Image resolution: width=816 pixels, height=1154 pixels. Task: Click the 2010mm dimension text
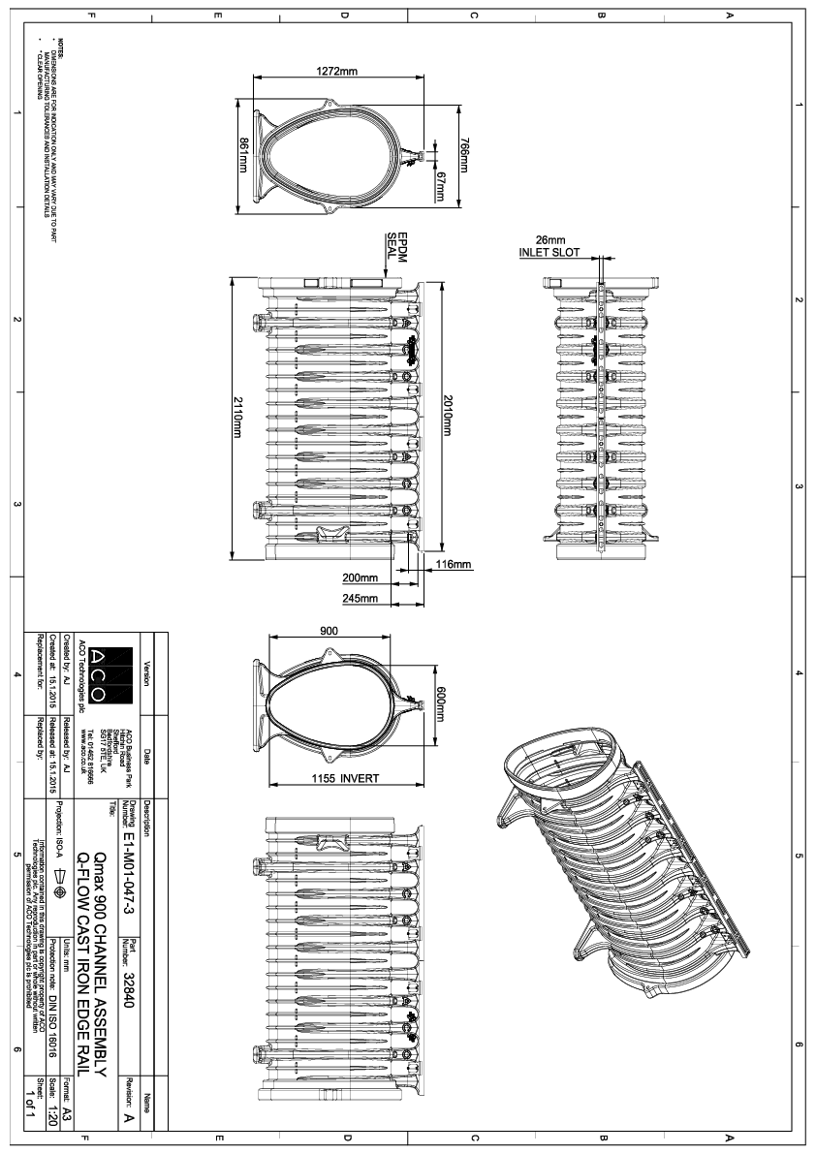click(x=447, y=418)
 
